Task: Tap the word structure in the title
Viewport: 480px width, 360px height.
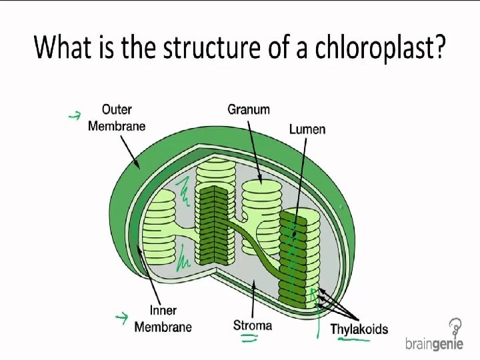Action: click(189, 47)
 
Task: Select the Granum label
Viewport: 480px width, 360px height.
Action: click(249, 109)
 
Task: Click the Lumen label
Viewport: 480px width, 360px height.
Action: click(307, 128)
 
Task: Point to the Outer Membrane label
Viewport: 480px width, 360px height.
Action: click(117, 117)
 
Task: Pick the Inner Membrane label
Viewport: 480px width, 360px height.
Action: click(163, 318)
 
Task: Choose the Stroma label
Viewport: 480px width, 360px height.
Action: click(253, 325)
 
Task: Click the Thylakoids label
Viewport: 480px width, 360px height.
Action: click(359, 329)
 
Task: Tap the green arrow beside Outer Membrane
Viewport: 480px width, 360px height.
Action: click(75, 116)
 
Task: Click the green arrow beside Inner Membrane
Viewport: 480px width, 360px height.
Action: click(121, 317)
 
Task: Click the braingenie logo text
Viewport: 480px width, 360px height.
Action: click(434, 344)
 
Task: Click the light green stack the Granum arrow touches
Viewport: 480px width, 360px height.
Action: click(261, 200)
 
